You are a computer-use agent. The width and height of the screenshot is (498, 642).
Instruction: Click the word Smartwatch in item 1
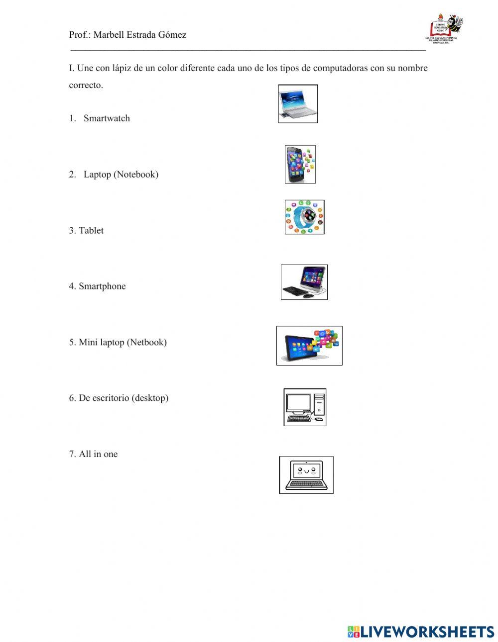107,118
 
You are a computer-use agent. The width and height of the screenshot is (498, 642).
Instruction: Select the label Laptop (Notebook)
121,175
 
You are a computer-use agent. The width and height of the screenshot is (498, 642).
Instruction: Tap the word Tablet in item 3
91,230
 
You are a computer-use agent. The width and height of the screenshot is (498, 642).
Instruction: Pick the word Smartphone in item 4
102,286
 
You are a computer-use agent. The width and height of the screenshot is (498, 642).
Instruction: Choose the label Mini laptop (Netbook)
123,342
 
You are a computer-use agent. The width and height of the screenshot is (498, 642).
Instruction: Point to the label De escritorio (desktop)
124,398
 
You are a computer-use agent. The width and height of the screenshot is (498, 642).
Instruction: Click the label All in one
98,454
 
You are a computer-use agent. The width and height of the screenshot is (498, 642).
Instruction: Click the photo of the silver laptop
298,103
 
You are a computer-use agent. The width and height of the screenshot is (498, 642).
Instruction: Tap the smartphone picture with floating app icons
300,164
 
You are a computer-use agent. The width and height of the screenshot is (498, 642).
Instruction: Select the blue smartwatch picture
304,217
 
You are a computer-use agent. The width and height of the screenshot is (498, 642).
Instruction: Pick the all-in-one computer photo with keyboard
304,282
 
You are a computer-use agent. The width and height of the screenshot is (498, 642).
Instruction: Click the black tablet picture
309,346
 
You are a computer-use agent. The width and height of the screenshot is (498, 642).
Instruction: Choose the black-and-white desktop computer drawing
305,407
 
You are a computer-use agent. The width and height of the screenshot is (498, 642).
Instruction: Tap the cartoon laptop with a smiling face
306,474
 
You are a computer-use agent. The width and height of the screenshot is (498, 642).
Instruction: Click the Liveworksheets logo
421,632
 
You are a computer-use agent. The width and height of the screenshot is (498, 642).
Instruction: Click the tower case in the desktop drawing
319,403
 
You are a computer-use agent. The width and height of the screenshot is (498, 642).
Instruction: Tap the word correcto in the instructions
86,85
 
